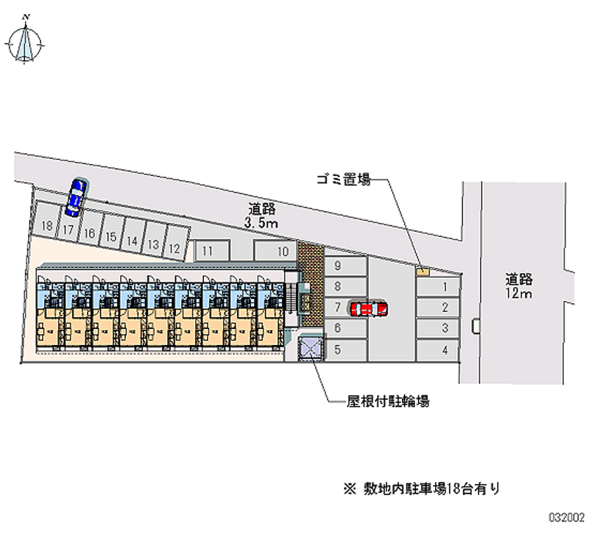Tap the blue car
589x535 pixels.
tap(74, 197)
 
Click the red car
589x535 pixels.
tap(367, 308)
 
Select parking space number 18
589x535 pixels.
tap(47, 225)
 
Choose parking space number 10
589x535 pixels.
tap(276, 250)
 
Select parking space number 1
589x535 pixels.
tap(439, 286)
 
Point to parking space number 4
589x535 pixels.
tap(439, 350)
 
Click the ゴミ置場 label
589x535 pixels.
tap(342, 179)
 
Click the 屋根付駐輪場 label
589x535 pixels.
tap(389, 402)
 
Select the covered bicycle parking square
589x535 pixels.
tap(311, 347)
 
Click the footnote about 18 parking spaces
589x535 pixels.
tap(423, 487)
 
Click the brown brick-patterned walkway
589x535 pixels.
tap(310, 284)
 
